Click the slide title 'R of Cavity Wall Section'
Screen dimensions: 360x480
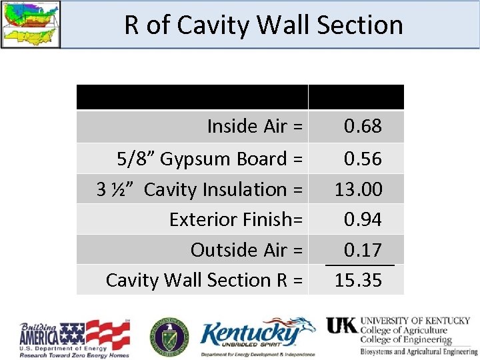(x=263, y=25)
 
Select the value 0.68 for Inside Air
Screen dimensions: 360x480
(x=363, y=126)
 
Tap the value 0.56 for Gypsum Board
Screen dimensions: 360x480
(x=363, y=159)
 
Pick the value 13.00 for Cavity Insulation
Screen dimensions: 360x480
(x=359, y=189)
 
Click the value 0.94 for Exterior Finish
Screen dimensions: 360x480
(x=363, y=219)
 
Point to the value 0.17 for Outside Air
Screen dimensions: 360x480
(x=363, y=250)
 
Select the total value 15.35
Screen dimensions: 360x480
(x=359, y=280)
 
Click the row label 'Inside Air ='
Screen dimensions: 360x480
(x=255, y=126)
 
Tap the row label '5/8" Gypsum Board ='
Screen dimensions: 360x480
(x=209, y=159)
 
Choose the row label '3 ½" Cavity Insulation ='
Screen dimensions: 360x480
(x=199, y=189)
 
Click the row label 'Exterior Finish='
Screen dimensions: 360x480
(x=236, y=219)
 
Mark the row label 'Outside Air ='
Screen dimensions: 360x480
(x=247, y=250)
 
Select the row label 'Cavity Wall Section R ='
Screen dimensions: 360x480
(x=204, y=280)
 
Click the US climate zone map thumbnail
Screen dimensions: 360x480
(x=30, y=24)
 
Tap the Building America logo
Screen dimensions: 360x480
(x=75, y=338)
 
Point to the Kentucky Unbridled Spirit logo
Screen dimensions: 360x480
(x=258, y=337)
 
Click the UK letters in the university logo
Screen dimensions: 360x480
(x=341, y=325)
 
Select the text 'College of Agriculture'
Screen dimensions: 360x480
(x=403, y=330)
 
